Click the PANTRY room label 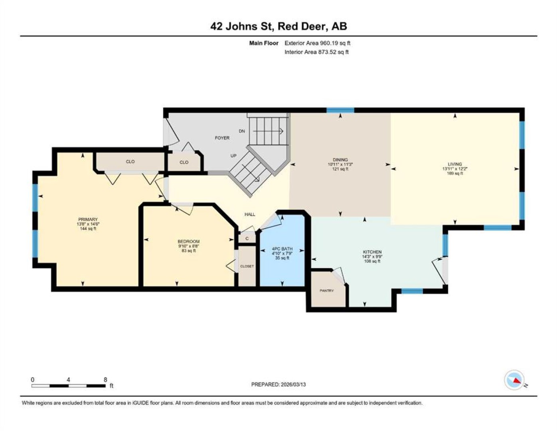click(x=326, y=291)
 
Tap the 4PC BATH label click(x=282, y=249)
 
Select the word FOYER click(x=222, y=138)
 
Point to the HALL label click(x=250, y=214)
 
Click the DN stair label click(x=242, y=131)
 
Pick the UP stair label click(x=233, y=156)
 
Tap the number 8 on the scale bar click(x=105, y=380)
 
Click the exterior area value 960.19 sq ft click(x=335, y=43)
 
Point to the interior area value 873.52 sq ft click(x=334, y=52)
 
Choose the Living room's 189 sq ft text click(x=455, y=173)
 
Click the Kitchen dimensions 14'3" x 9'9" click(x=372, y=256)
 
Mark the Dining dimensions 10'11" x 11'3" click(x=340, y=164)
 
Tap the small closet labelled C click(x=247, y=239)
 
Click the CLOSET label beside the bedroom click(x=247, y=267)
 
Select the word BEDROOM click(x=189, y=241)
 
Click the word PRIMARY click(x=88, y=219)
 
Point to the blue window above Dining click(x=340, y=111)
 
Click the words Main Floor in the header click(x=264, y=43)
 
